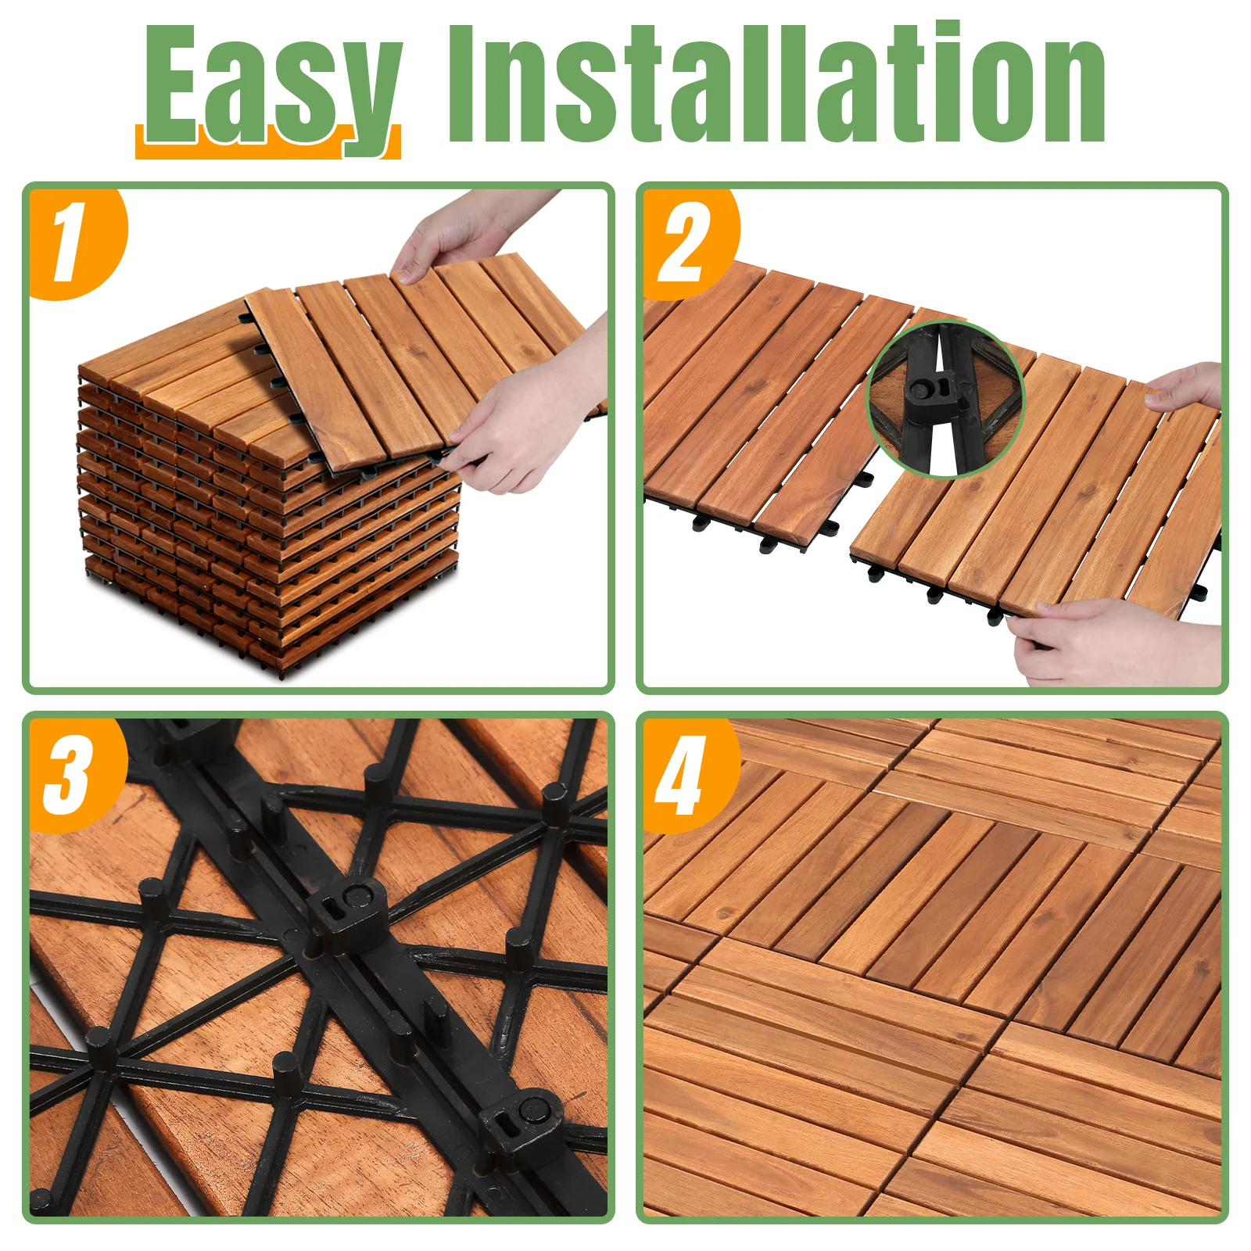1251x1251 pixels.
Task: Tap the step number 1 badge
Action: [74, 242]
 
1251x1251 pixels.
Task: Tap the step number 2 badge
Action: [688, 242]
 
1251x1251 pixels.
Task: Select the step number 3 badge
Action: [74, 774]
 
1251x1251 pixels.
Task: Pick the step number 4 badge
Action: [688, 774]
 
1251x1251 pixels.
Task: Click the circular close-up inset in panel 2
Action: [946, 399]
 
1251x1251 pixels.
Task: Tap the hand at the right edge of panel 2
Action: [1185, 386]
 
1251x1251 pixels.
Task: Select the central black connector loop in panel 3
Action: [346, 911]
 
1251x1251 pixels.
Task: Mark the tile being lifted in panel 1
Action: [422, 360]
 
